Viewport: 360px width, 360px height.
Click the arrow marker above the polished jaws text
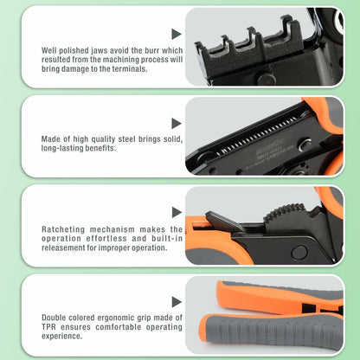176,34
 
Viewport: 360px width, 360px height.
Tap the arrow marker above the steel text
176,124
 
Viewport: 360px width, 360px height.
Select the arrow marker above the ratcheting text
177,213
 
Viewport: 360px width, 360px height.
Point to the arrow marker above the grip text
177,302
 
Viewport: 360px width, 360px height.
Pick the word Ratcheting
63,229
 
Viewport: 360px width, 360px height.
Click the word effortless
106,239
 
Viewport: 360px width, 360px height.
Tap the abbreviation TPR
48,327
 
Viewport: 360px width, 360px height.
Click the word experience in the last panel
61,336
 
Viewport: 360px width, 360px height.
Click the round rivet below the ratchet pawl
299,253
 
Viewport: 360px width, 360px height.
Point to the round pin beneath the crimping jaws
266,79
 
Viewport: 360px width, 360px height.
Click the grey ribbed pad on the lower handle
274,329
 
